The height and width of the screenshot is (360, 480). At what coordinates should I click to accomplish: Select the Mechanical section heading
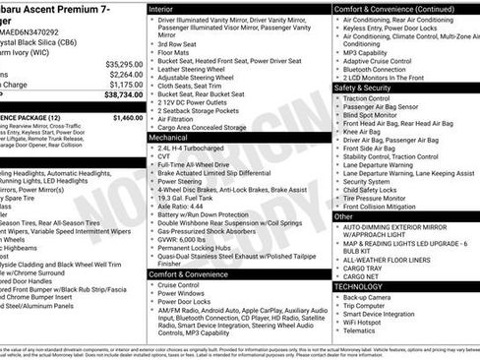click(169, 139)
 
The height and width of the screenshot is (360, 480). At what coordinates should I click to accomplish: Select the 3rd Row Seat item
click(181, 44)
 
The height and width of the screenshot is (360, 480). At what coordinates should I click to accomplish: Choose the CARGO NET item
click(363, 276)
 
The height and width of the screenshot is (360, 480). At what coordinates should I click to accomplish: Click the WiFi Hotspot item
click(369, 322)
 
